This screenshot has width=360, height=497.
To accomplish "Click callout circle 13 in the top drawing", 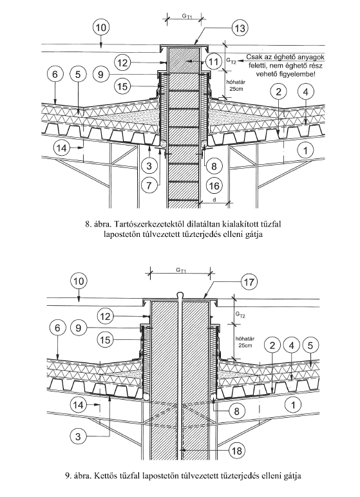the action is [240, 28].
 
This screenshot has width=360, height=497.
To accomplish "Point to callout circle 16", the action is [214, 185].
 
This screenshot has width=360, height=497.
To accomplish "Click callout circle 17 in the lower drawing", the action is [249, 282].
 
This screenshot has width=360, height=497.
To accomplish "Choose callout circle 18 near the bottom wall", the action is [237, 451].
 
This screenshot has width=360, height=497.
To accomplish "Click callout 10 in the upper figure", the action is [101, 28].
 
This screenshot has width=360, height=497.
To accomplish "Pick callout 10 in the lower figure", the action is [79, 281].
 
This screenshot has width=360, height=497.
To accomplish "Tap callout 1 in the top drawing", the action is [306, 150].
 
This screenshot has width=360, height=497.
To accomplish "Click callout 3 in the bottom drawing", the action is [78, 436].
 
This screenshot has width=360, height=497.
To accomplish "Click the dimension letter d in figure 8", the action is [214, 200].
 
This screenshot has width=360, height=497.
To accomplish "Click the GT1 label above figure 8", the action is [187, 15].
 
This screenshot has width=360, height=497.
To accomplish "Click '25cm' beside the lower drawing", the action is [245, 345].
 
